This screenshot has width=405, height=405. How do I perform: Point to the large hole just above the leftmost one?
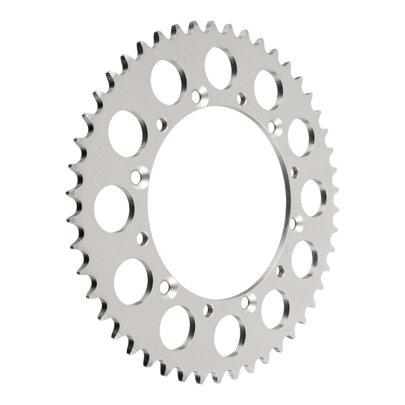pos(128,134)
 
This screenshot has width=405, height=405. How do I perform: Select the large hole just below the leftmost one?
pos(133,280)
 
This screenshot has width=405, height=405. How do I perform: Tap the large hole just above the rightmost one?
pos(301,137)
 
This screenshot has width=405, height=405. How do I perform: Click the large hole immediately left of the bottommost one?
pos(176,319)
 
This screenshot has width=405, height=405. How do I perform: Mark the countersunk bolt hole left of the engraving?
pos(197,96)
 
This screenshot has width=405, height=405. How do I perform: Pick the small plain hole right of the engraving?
pos(241,97)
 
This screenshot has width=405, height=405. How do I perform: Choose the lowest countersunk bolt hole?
pos(249,301)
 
